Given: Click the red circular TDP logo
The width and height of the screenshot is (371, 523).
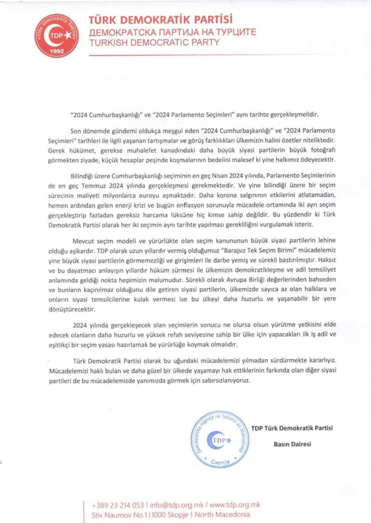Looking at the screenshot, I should pos(57,36).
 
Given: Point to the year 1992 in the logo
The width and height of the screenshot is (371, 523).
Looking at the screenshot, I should pos(57,51).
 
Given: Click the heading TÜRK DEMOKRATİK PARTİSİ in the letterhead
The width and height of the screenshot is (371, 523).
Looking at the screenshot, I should pos(160,20).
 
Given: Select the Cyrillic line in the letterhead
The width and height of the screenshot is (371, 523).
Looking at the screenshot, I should pos(172,32).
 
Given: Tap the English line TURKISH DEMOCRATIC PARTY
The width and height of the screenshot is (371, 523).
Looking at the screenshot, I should pos(154,43).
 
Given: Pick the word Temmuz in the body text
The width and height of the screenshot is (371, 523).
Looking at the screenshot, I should pos(121,183).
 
